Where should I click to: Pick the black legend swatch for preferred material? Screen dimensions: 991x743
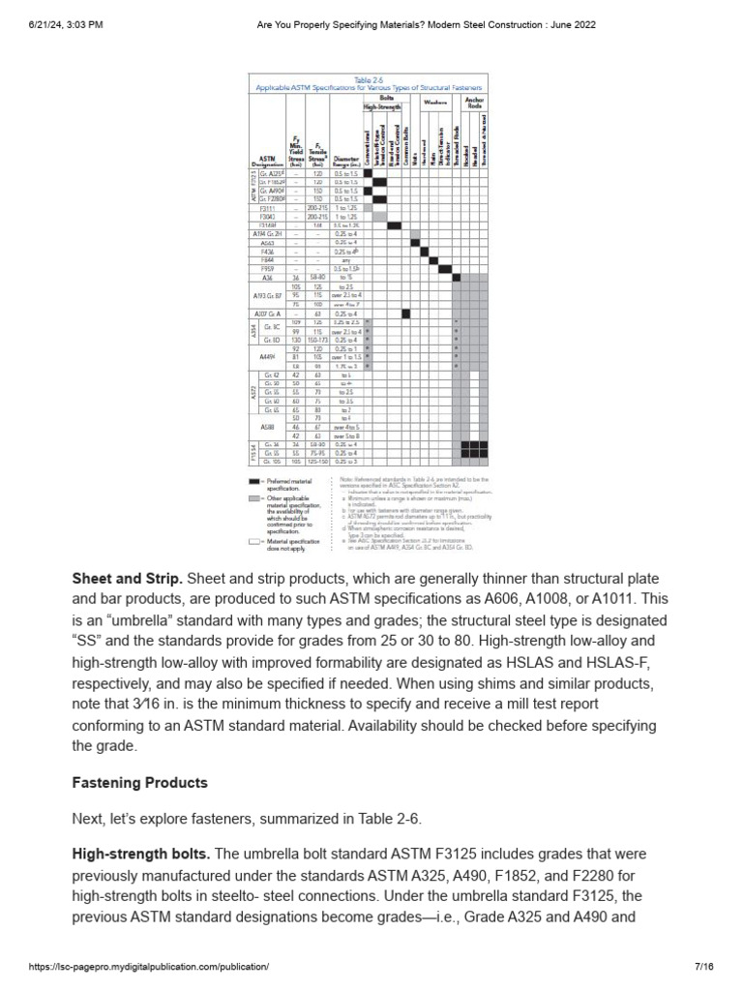click(256, 480)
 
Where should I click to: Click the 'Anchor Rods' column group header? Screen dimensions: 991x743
click(475, 101)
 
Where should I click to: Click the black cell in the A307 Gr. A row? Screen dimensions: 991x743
click(405, 314)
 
